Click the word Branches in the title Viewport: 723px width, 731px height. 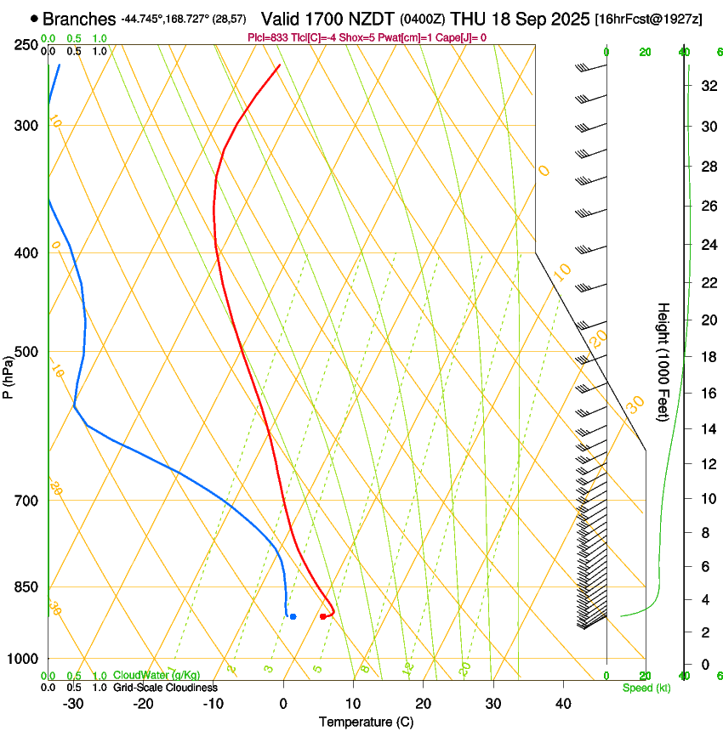point(79,18)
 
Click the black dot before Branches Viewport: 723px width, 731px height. point(34,18)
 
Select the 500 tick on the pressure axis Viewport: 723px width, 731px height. point(26,352)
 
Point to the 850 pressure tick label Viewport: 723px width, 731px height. point(26,586)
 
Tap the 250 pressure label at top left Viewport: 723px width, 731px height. point(26,44)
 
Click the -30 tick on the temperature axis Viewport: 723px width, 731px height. point(73,703)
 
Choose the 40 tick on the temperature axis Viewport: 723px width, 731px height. point(562,703)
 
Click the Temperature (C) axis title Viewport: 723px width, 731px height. point(366,722)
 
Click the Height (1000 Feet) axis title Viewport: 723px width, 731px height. point(663,362)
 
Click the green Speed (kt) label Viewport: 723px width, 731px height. point(646,688)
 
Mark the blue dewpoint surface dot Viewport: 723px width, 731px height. point(293,616)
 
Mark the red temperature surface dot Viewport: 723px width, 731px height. point(322,616)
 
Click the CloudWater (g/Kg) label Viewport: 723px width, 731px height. point(157,676)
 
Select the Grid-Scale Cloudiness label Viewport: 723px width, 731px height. point(165,688)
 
